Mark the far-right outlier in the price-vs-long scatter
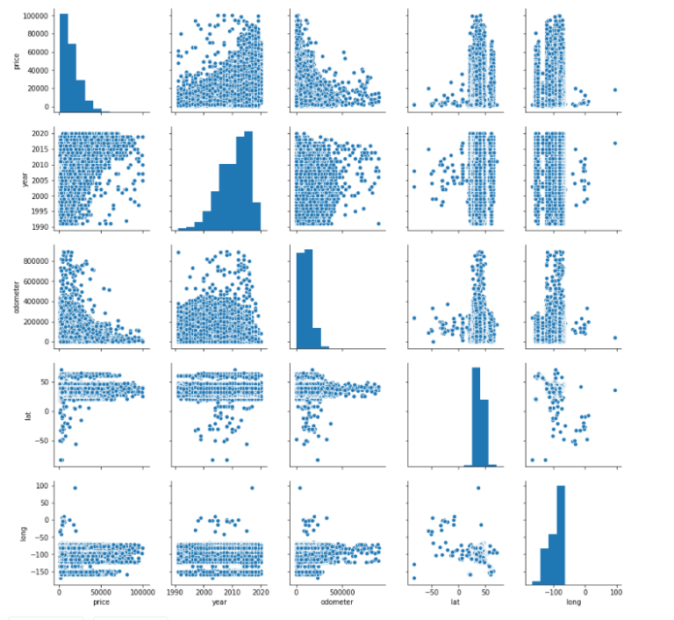click(615, 89)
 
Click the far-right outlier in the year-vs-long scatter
click(615, 144)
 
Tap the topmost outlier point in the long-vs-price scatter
click(75, 488)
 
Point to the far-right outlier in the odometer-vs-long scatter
click(615, 338)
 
